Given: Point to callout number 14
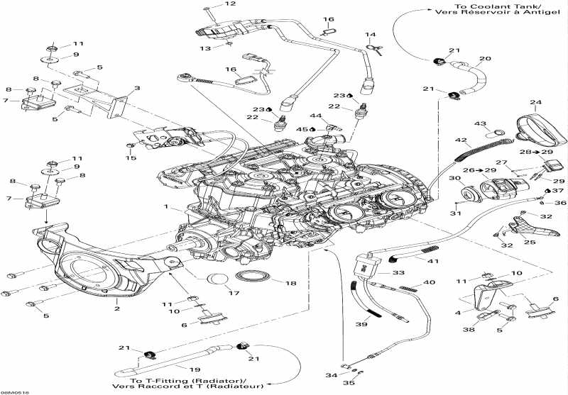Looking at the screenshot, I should click(370, 34).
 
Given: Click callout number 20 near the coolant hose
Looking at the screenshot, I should click(485, 59).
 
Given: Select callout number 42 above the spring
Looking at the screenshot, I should click(460, 140).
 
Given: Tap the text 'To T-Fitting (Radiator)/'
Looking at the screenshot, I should click(182, 378).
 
